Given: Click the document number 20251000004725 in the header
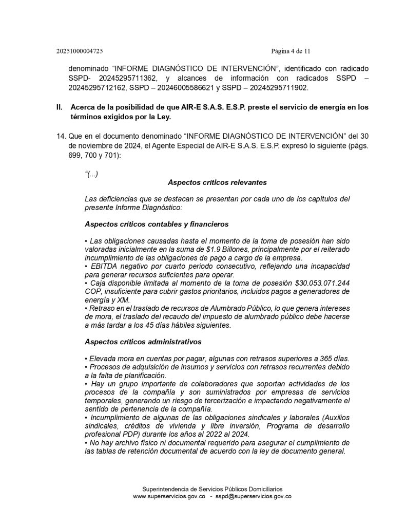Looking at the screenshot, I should (x=80, y=51).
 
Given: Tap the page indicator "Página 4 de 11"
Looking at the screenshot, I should (x=291, y=51).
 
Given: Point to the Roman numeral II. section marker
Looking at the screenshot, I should (x=59, y=107).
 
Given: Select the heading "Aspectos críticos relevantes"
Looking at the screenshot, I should (x=217, y=182).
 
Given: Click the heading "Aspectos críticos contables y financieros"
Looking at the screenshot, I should (x=157, y=224).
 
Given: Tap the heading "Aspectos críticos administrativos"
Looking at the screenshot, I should (x=143, y=342).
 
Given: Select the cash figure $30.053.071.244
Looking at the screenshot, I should (x=322, y=283).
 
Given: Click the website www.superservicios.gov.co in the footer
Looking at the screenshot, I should (x=169, y=497).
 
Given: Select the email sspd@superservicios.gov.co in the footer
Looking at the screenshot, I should (x=253, y=497).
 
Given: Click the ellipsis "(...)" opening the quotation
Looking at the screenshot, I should (x=91, y=174).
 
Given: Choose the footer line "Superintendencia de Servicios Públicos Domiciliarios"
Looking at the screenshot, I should (x=212, y=489).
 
